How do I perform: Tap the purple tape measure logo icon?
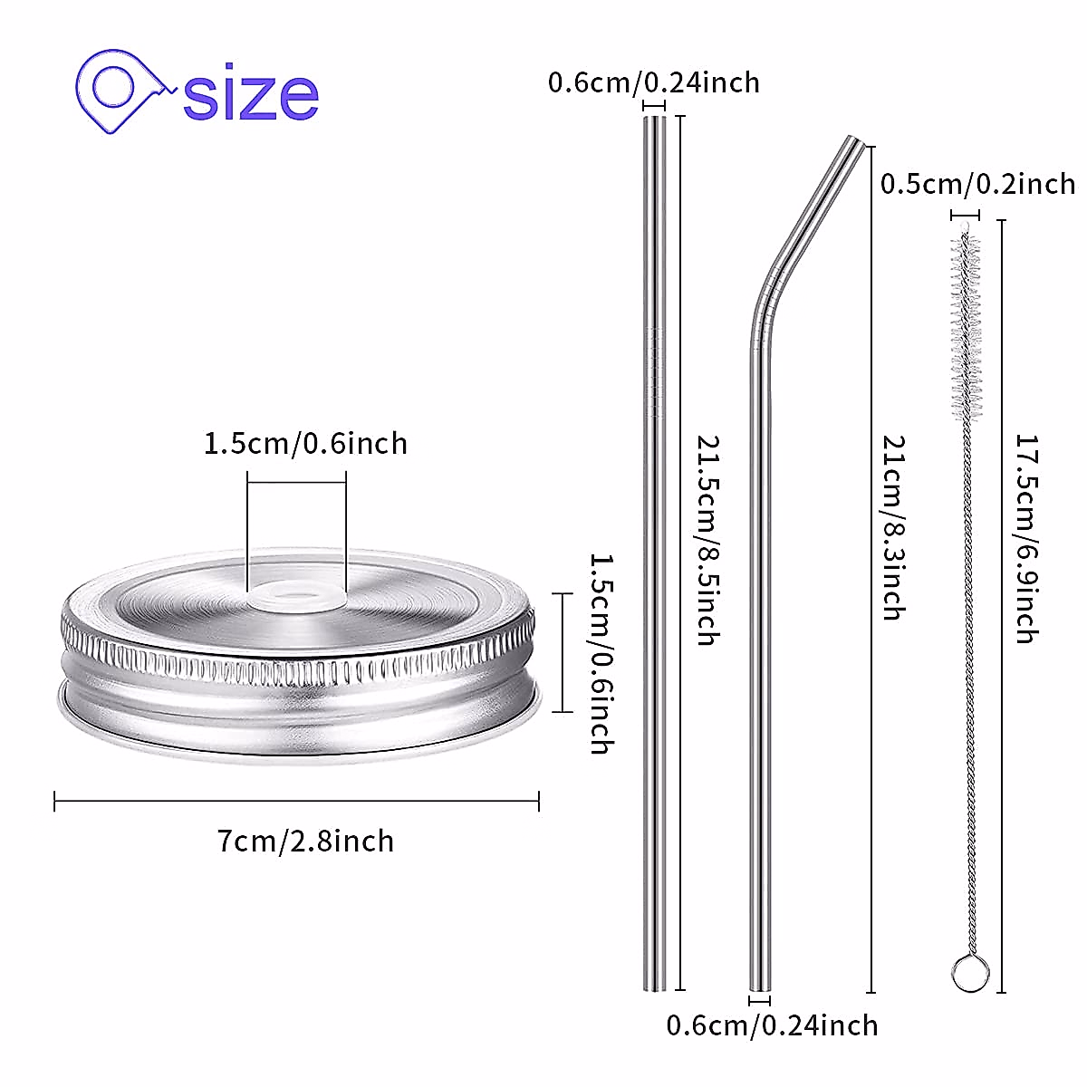tap(121, 91)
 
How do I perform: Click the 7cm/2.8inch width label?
tap(306, 842)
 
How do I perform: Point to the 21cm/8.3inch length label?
tap(894, 527)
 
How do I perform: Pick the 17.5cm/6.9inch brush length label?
tap(1024, 539)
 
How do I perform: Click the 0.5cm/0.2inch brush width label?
tap(978, 184)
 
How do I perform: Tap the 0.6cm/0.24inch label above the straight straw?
tap(654, 82)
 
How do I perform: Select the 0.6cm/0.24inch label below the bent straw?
tap(773, 1025)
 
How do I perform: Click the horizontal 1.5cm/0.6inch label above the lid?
tap(305, 444)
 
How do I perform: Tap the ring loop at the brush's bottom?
tap(968, 973)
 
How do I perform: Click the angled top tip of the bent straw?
tap(855, 146)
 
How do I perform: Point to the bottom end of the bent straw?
tap(760, 983)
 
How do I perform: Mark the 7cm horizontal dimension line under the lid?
tap(297, 801)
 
